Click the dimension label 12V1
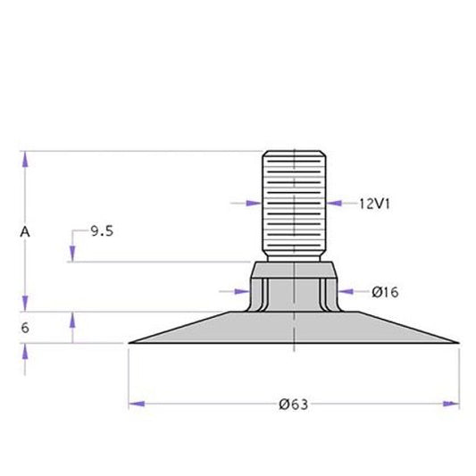(374, 204)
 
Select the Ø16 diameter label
(385, 292)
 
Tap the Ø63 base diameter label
(293, 405)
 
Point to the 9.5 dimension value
(102, 231)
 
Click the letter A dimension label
(25, 232)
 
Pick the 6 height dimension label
(25, 328)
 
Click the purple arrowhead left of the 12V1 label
(334, 203)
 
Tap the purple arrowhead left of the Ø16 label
(346, 292)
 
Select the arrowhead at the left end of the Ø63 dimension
(137, 404)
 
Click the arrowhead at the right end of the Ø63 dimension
(451, 404)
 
